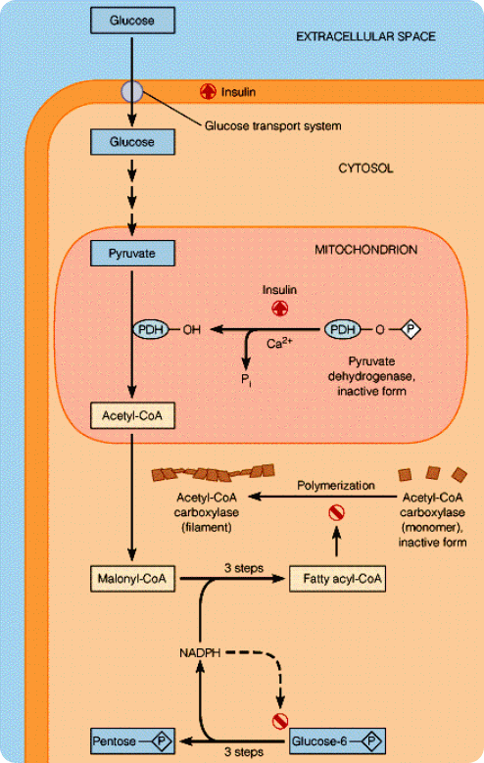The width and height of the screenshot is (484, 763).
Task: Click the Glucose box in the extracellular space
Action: coord(131,20)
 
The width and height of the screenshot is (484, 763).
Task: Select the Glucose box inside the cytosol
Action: coord(131,142)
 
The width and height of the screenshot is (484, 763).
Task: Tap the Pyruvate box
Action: coord(131,254)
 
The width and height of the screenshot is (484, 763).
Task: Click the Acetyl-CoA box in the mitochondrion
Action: coord(131,417)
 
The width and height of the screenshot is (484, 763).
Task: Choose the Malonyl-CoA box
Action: coord(131,579)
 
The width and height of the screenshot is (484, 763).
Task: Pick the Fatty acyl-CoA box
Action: coord(337,579)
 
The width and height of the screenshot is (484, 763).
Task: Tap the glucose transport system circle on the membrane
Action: coord(131,92)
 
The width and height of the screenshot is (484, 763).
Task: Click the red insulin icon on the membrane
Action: coord(208,91)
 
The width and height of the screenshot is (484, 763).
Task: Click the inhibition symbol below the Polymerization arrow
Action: coord(336,511)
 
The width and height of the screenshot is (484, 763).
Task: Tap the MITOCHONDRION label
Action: coord(366,250)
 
